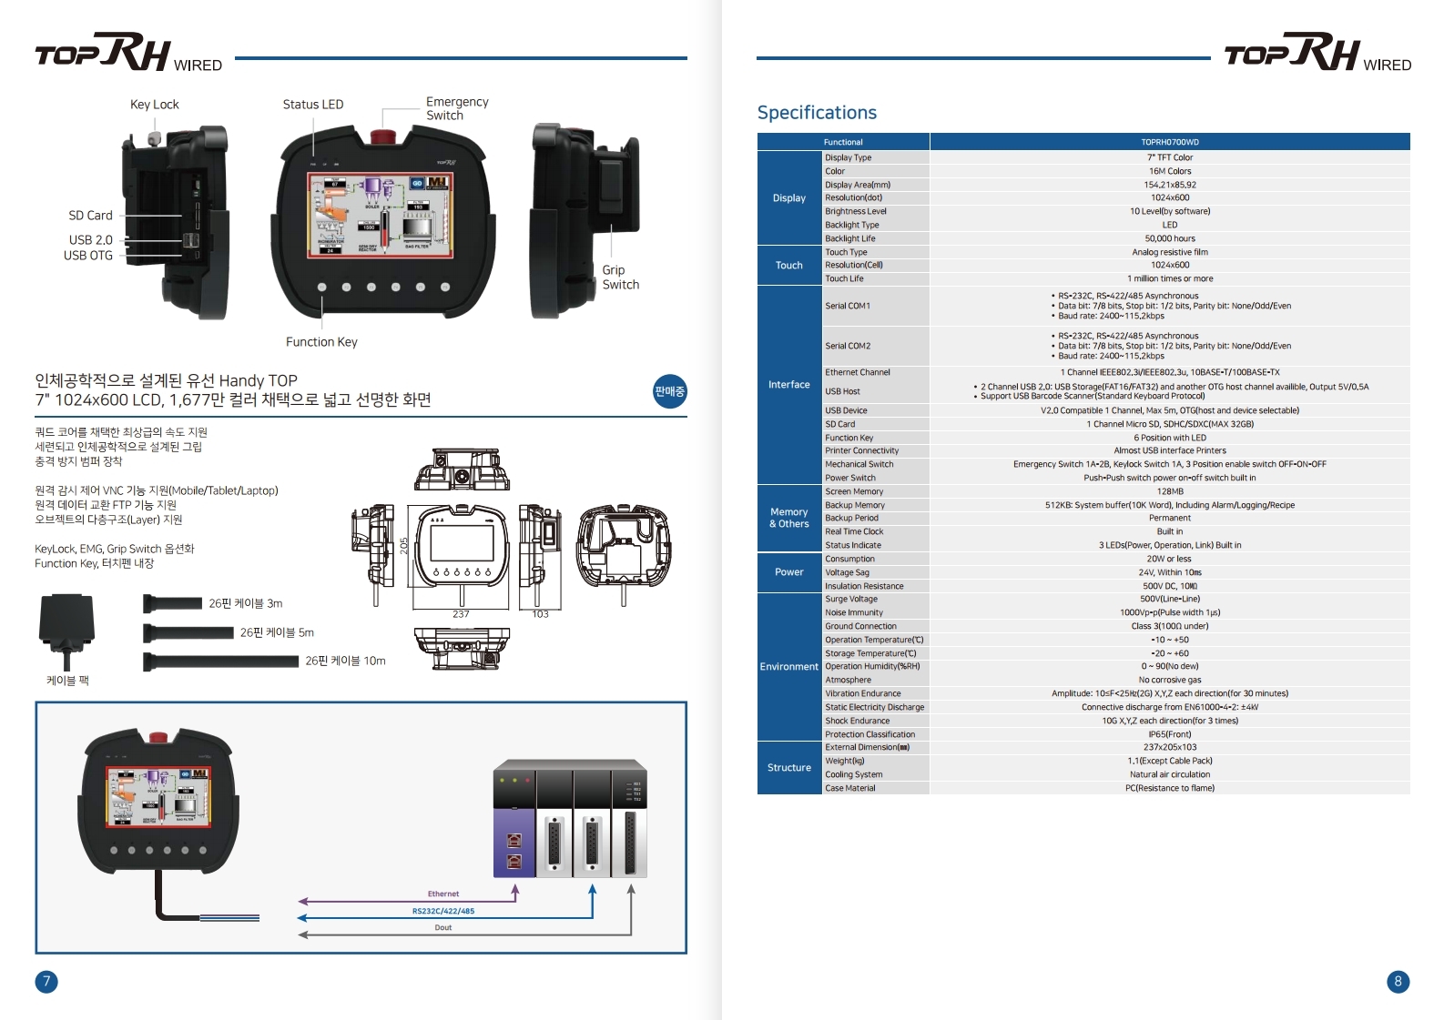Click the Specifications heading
coord(817,113)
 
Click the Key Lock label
coord(155,105)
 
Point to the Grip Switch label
coord(620,278)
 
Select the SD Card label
coord(91,216)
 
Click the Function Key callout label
coord(321,342)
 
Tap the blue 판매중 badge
coord(669,391)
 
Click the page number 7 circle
coord(46,981)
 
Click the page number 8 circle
coord(1398,981)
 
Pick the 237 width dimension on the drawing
coord(461,614)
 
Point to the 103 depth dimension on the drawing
coord(540,614)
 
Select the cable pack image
coord(66,629)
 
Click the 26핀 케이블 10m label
coord(345,661)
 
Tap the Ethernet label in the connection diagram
coord(443,894)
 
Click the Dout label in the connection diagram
coord(443,927)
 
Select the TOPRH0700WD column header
coord(1170,142)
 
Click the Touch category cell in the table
coord(789,266)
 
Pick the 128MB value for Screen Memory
coord(1170,491)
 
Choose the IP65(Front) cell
coord(1170,734)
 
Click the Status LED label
coord(313,105)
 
